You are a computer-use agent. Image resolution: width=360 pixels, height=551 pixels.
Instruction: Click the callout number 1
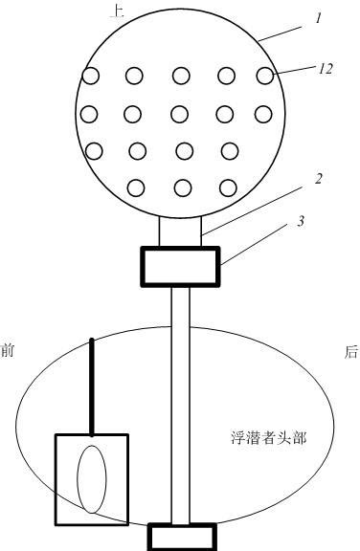point(318,18)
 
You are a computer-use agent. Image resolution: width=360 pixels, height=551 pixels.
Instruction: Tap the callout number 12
point(326,69)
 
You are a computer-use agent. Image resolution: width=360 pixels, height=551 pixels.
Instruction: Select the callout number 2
point(318,179)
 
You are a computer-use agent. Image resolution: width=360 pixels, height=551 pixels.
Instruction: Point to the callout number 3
point(301,221)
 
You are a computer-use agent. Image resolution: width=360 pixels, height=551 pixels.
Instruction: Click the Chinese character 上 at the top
point(117,11)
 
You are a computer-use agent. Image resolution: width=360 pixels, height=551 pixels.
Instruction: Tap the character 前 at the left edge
point(7,351)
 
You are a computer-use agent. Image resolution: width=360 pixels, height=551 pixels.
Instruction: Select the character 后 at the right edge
point(351,352)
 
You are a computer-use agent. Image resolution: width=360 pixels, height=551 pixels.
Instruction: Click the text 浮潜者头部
point(269,438)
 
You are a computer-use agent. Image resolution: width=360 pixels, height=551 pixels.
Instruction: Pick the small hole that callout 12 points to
point(265,76)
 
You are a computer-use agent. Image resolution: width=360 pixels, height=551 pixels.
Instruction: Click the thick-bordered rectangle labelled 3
point(180,266)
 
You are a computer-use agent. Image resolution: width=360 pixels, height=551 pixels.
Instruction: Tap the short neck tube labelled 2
point(180,231)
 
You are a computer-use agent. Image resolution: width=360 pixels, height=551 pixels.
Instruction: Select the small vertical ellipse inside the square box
point(92,479)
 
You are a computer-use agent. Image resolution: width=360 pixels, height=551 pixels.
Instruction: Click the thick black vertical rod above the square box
point(92,386)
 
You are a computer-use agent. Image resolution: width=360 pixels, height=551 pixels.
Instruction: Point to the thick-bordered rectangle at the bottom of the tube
point(182,537)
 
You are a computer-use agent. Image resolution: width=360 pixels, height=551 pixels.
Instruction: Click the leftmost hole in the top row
point(90,76)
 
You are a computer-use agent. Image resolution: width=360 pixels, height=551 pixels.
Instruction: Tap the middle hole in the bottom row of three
point(183,187)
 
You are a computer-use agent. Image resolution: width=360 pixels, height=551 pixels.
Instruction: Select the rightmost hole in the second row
point(263,114)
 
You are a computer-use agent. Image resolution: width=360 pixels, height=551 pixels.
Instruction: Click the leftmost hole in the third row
point(94,151)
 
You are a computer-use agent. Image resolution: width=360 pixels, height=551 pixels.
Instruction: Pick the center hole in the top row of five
point(181,76)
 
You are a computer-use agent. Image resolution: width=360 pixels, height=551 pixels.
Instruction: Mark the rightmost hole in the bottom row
point(228,187)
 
